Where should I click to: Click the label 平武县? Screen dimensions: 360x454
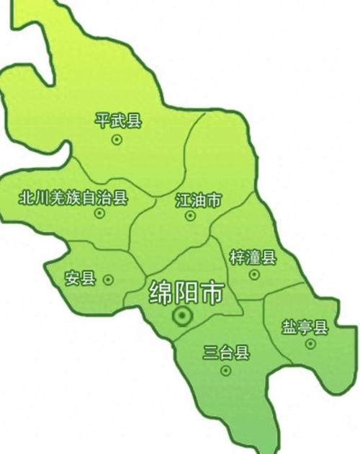click(119, 120)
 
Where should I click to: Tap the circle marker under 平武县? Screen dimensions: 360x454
click(117, 141)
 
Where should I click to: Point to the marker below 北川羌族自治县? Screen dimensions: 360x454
click(99, 213)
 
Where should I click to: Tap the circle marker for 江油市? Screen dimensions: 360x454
click(190, 215)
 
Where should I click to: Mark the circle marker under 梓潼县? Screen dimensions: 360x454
click(254, 275)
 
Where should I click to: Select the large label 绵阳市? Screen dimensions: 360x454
click(186, 292)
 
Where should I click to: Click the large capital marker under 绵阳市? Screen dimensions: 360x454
click(182, 315)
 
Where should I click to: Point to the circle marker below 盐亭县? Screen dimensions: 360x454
click(310, 344)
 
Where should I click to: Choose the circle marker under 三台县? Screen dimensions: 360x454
click(226, 370)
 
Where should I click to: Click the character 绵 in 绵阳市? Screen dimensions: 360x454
click(161, 292)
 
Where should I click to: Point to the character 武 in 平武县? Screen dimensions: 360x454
click(119, 120)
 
